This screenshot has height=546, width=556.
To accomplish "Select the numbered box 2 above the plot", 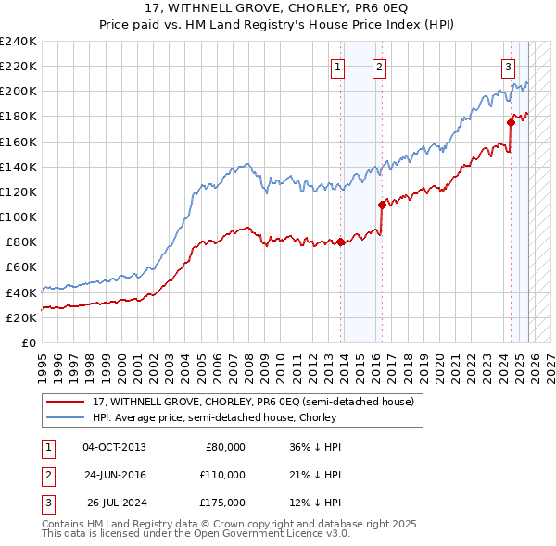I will point(380,67).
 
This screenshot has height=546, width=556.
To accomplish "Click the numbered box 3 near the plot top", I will point(509,67).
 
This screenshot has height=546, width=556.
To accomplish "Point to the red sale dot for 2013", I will point(340,242).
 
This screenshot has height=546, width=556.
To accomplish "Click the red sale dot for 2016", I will point(382,205).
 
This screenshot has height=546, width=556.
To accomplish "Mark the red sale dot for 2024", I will point(511,122).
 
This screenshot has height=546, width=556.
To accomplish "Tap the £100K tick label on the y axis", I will point(19,217).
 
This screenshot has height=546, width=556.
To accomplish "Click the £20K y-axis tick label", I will point(21,317).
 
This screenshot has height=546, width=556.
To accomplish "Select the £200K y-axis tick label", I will point(19,92).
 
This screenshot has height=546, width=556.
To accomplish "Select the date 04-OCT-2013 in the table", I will point(114,447).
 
